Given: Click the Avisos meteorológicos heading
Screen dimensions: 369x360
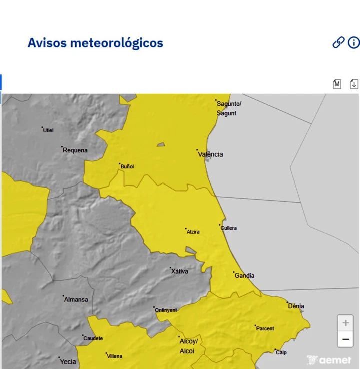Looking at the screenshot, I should (x=95, y=43).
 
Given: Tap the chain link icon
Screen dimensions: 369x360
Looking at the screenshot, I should (x=338, y=43).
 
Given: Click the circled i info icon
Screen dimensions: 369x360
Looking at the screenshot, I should (x=354, y=43).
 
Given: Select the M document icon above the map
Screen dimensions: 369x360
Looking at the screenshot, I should (x=337, y=84).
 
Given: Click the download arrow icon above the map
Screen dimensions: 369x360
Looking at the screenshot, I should (x=354, y=84).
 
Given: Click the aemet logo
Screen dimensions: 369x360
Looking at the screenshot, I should (x=329, y=360).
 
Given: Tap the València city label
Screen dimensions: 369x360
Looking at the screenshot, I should (x=211, y=154).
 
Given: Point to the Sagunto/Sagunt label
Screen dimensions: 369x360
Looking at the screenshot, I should (x=229, y=108).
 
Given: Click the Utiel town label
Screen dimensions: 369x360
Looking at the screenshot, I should (x=48, y=130).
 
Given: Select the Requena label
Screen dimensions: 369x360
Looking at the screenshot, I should (x=75, y=150).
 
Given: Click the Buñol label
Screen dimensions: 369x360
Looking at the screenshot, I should (x=127, y=166).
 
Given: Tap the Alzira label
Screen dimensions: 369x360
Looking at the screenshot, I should (x=193, y=232).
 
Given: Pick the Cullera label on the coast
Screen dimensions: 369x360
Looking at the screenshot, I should (x=229, y=228).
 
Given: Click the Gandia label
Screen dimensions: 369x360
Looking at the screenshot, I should (x=244, y=275).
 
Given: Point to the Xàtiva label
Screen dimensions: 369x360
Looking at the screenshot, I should (x=180, y=271).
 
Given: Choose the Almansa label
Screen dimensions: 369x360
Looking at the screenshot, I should (x=76, y=299).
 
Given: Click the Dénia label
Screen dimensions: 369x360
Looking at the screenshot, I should (x=296, y=306).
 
